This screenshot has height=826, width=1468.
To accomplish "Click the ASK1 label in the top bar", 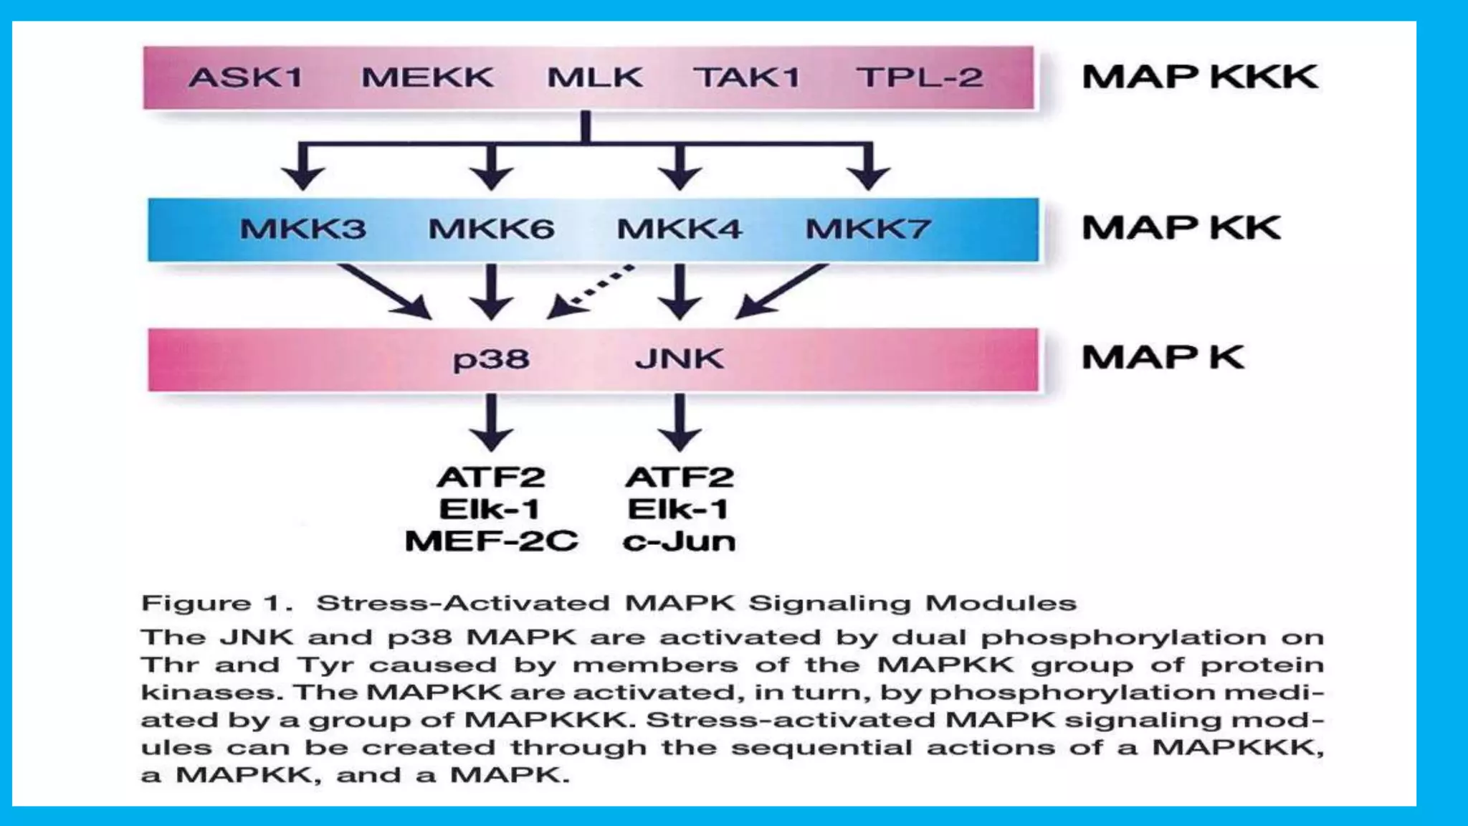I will [x=246, y=77].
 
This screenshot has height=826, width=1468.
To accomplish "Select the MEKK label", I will [x=427, y=77].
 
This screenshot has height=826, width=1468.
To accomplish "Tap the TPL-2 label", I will [x=920, y=77].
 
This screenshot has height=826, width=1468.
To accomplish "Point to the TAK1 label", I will [x=747, y=77].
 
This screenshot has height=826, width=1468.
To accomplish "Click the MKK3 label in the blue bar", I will [x=302, y=229].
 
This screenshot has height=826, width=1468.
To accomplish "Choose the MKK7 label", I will [x=868, y=229].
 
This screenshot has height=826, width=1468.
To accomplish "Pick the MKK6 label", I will [x=491, y=229].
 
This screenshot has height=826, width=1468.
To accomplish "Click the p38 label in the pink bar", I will [x=491, y=359].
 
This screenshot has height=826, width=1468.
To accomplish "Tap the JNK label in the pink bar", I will [x=680, y=358].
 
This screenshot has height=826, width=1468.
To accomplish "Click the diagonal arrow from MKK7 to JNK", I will [x=781, y=291].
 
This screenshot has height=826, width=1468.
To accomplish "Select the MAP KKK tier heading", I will [x=1199, y=77].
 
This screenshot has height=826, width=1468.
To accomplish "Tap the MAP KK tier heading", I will [x=1181, y=228].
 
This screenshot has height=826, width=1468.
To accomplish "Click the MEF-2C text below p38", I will [x=491, y=541].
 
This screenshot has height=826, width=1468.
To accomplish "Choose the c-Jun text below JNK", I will [x=679, y=541].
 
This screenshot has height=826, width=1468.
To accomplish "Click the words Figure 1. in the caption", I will [x=216, y=603].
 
